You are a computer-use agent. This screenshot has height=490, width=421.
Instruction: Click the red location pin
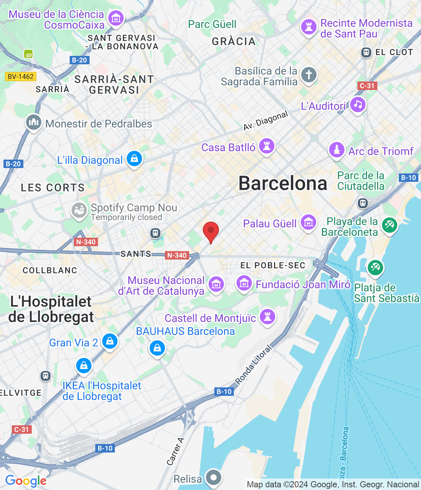click(x=210, y=231)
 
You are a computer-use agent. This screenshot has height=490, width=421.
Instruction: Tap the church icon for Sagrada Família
click(x=308, y=75)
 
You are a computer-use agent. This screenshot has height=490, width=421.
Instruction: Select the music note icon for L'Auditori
click(x=358, y=105)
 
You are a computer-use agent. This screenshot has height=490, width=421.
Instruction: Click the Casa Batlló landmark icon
click(x=267, y=146)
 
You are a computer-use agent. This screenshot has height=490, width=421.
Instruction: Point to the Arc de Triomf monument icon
click(x=337, y=150)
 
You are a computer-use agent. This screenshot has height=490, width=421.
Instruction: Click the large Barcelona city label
click(x=283, y=183)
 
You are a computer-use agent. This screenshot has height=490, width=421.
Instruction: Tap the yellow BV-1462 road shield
click(x=21, y=77)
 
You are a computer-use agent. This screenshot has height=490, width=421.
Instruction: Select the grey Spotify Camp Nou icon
click(x=79, y=210)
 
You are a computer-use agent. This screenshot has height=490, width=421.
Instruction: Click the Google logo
click(x=26, y=481)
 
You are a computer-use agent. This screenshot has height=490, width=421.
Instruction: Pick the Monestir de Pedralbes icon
click(x=34, y=122)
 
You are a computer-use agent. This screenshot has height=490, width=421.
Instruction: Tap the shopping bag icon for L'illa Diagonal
click(x=134, y=159)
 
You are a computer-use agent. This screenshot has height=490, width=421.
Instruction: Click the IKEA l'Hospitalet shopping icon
click(x=84, y=365)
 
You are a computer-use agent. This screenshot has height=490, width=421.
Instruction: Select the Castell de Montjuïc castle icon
click(x=268, y=317)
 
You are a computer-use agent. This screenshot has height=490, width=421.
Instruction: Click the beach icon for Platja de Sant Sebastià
click(x=375, y=267)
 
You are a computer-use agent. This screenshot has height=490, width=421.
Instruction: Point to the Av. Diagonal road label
click(x=265, y=121)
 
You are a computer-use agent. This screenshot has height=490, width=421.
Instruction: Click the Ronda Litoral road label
click(x=253, y=364)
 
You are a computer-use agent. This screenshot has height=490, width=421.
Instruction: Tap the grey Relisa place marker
click(x=214, y=477)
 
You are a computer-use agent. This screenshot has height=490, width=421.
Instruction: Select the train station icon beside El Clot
click(x=366, y=52)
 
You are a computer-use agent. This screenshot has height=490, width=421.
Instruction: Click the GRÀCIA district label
click(x=233, y=41)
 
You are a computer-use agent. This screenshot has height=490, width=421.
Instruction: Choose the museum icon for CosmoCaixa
click(x=116, y=18)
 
